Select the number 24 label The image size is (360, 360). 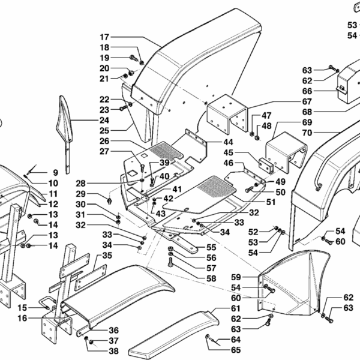(104, 120)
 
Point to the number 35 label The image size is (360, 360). (107, 255)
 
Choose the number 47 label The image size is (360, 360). (266, 115)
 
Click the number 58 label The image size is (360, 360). (211, 278)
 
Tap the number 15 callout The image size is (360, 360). (22, 307)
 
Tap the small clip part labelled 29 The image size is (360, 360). (110, 199)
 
